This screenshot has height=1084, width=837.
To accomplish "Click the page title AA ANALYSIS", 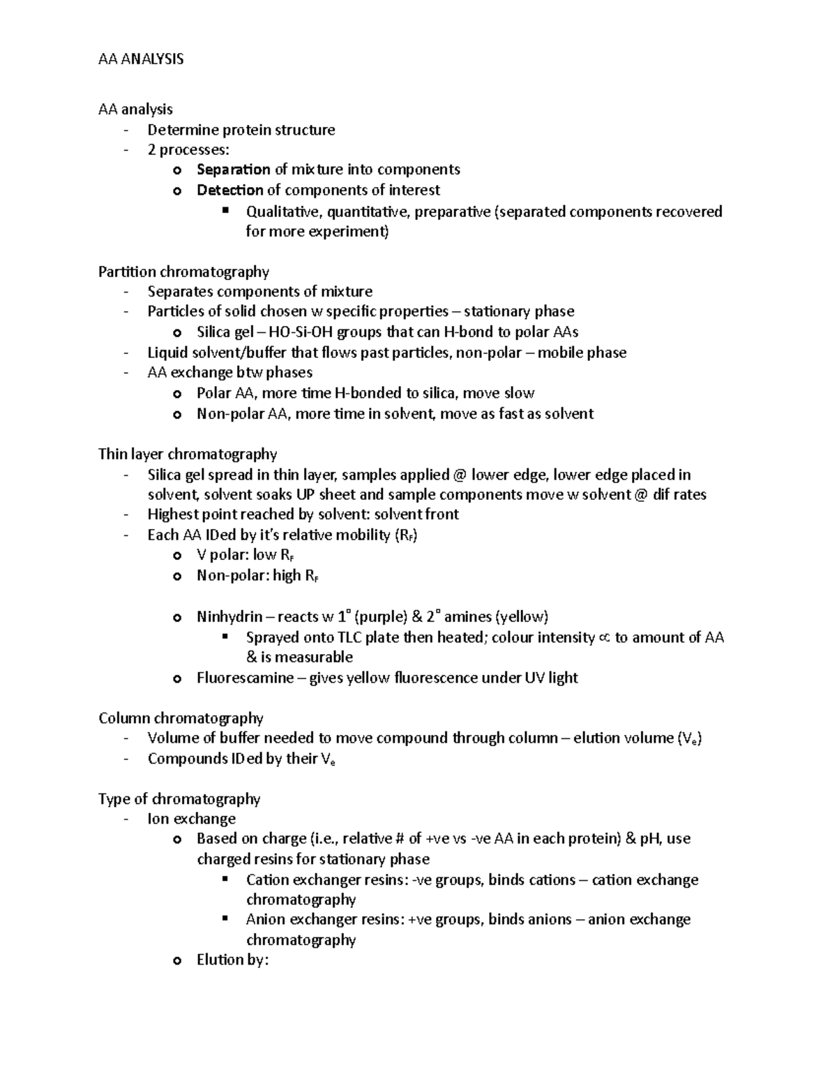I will (141, 59).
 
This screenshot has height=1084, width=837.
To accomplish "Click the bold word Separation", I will (233, 170).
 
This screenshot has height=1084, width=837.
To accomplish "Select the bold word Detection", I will (229, 190).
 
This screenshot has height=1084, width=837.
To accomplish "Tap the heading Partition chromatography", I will (183, 271).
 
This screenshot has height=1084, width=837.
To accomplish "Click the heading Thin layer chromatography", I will (188, 454).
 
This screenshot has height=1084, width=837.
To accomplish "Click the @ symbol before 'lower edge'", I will (458, 475).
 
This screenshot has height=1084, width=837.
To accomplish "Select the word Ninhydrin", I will (229, 616).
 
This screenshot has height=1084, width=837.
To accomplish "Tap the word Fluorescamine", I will (245, 678).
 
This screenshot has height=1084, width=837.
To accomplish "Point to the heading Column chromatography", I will (181, 718).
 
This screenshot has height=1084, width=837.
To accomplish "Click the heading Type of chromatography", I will (179, 799).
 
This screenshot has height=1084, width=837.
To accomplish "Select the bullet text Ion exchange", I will (191, 819).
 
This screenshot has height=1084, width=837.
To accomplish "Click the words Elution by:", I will (232, 960).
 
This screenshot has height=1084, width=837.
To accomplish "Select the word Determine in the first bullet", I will (183, 130).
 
